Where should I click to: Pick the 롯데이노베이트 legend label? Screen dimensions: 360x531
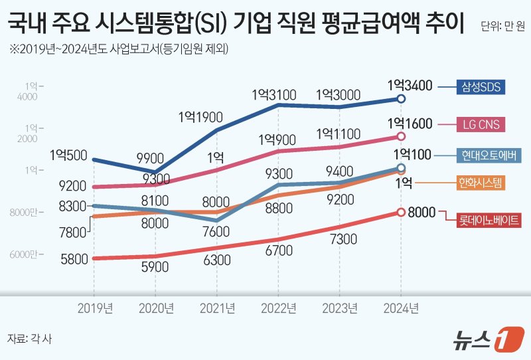coord(491,219)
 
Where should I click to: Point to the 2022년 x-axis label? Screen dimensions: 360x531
coord(277,308)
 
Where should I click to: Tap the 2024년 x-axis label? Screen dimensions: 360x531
coord(400,308)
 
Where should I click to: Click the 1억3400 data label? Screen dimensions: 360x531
coord(410,85)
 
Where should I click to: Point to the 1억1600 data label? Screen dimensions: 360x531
coord(410,124)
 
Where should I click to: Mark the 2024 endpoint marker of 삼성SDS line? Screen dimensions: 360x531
coord(400,99)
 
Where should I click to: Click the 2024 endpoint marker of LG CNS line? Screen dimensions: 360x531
coord(400,136)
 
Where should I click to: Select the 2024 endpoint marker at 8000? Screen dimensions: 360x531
coord(400,213)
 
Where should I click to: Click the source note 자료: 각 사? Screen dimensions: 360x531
coord(29,338)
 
